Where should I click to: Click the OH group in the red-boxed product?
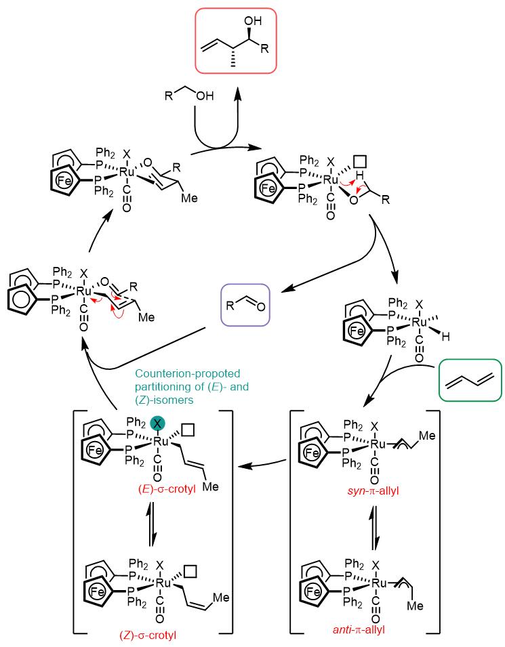tap(253, 20)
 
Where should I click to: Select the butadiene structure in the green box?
tap(470, 380)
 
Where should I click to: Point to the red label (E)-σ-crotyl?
tap(167, 490)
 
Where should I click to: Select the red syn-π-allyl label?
tap(373, 491)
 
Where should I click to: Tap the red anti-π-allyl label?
tap(359, 629)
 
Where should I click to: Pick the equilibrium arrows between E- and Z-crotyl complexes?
tap(152, 524)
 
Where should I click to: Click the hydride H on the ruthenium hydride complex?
tap(445, 337)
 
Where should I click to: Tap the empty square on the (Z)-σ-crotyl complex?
tap(190, 572)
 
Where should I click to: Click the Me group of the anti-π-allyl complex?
tap(415, 606)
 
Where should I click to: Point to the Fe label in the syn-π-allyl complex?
tap(312, 453)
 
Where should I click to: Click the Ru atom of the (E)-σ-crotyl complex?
tap(161, 442)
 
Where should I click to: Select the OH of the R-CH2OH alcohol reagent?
tap(205, 96)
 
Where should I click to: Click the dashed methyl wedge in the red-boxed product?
tap(233, 58)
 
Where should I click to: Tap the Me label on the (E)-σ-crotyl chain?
tap(210, 486)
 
